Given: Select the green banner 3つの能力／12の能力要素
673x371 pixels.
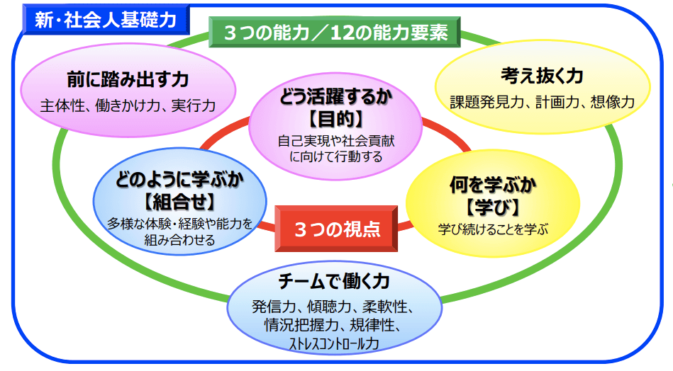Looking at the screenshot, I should click(x=335, y=33).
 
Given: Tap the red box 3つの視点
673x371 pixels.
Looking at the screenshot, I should click(x=337, y=229).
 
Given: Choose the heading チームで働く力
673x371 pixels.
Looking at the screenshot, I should click(x=334, y=281).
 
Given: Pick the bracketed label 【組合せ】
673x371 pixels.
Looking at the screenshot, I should click(x=180, y=201).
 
